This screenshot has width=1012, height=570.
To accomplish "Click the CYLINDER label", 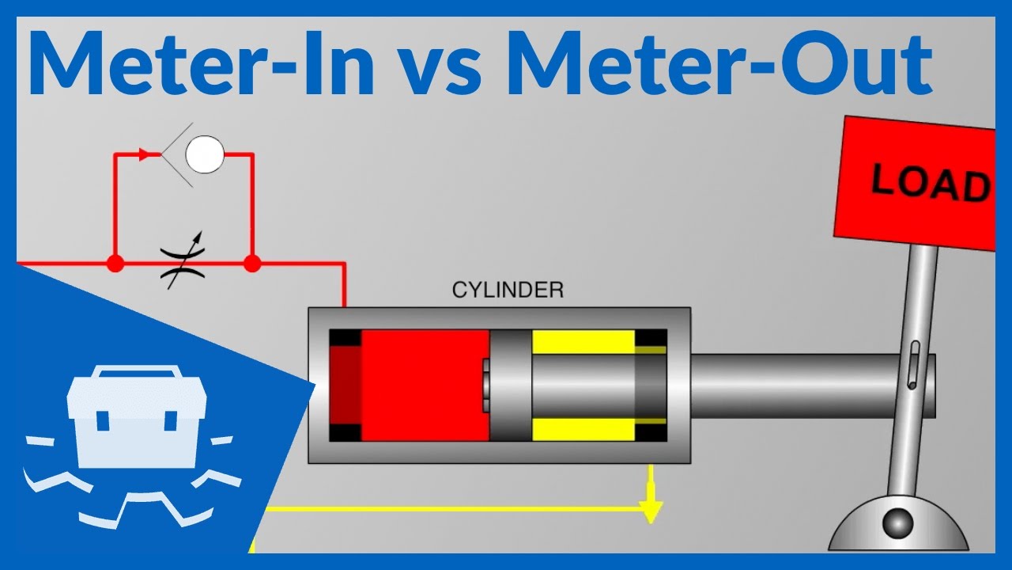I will [x=508, y=291].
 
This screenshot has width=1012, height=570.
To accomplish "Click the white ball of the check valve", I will [x=205, y=154].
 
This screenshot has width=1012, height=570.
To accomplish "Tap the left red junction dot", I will [x=115, y=264].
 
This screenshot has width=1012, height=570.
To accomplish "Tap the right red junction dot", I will [x=251, y=264].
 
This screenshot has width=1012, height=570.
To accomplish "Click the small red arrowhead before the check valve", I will [x=145, y=154].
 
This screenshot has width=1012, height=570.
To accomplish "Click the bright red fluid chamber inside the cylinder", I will [x=425, y=385].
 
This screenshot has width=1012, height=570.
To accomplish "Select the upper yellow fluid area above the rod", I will [x=583, y=341].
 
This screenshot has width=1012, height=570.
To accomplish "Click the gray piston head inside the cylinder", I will [x=510, y=385].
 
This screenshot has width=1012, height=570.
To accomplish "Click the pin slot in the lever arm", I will [x=914, y=364].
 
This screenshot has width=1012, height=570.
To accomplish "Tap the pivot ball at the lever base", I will [x=897, y=522].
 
